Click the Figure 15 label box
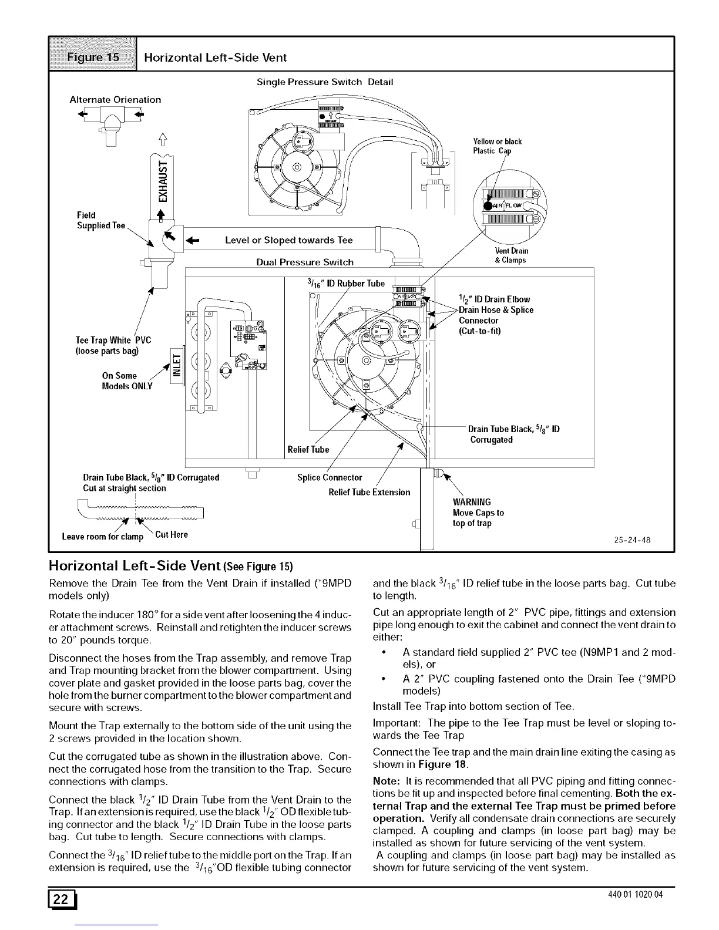pos(93,57)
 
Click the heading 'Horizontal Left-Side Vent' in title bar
pos(216,57)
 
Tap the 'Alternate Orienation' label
pos(115,99)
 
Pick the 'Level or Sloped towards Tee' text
pos(289,240)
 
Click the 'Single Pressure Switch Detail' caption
pos(325,82)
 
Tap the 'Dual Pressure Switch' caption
pos(305,262)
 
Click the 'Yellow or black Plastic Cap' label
pos(497,146)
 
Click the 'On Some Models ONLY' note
pos(127,380)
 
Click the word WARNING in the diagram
pos(472,502)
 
